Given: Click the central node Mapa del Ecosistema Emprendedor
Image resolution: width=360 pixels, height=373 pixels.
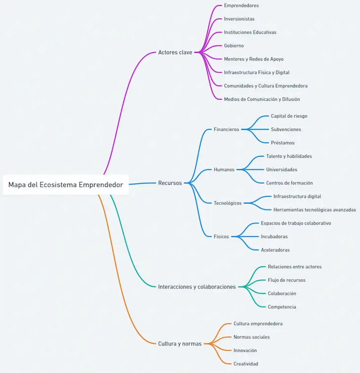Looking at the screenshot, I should point(65,185).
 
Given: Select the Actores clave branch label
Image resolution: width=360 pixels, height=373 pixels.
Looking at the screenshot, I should point(175,52).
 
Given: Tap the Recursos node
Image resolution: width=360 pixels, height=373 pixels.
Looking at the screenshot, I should point(170,183).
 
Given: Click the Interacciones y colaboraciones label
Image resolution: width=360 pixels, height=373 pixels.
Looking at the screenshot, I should point(197,287).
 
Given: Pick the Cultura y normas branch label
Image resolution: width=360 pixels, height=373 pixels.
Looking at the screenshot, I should point(180,344).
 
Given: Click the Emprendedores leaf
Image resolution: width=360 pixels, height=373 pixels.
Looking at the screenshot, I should point(241,6).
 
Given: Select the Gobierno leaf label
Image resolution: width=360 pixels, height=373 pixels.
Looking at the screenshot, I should point(234,46).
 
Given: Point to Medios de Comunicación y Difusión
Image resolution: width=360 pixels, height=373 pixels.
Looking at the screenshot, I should point(262,99).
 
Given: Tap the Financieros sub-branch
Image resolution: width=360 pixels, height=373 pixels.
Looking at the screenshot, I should point(226,129).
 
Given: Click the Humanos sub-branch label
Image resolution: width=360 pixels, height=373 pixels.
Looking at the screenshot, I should point(224,169).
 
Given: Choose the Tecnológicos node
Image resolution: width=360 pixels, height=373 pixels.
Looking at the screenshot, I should point(227,203).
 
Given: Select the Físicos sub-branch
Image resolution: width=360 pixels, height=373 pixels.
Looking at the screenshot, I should point(221,237).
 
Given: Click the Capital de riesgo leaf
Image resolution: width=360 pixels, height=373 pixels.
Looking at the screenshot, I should point(289,116).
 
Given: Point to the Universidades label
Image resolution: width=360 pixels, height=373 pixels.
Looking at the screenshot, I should point(281,169).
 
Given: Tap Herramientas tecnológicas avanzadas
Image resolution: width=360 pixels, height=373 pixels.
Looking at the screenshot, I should point(315,210).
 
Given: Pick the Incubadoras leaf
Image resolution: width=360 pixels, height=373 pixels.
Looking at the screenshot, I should point(274,237).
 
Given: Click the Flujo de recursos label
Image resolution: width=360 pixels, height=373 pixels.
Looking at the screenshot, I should point(286,280).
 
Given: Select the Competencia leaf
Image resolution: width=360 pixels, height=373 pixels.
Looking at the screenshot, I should point(282,307).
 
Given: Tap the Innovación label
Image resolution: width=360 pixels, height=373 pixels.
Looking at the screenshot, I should point(245,350).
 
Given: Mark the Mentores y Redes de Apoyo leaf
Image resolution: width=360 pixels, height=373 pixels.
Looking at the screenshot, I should point(254,59).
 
